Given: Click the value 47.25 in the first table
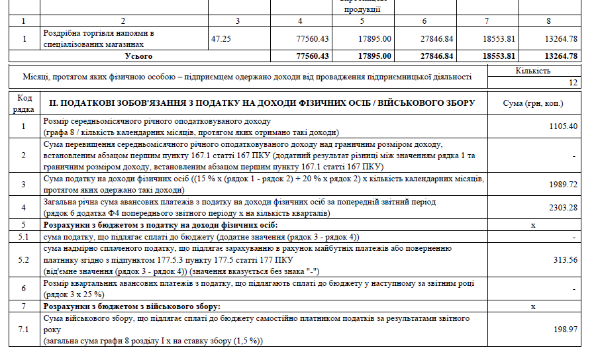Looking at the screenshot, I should click(221, 38).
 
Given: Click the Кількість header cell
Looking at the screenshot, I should click(532, 71).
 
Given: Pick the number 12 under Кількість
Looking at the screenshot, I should click(573, 83).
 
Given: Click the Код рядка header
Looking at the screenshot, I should click(23, 103).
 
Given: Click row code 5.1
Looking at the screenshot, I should click(23, 236).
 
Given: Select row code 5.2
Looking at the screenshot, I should click(23, 259).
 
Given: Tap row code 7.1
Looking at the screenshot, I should click(23, 329).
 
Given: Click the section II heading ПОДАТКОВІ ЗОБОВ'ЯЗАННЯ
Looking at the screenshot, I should click(262, 103).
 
